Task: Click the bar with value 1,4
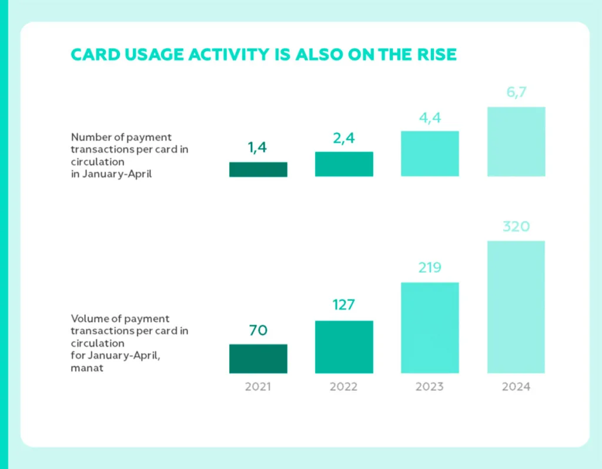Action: [258, 169]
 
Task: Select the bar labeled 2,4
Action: [344, 164]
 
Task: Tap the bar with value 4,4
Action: [430, 153]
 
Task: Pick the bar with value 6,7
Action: [516, 142]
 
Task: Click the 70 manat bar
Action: [258, 359]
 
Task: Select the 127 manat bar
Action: [344, 347]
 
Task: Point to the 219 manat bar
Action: [430, 328]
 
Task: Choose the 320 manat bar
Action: [516, 307]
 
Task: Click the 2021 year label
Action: [258, 387]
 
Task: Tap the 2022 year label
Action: [344, 387]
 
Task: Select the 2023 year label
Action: [430, 387]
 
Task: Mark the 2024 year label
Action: [516, 387]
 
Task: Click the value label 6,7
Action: [516, 93]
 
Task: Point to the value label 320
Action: [516, 226]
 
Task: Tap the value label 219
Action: [430, 268]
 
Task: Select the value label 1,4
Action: [257, 148]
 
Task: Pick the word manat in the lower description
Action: [87, 369]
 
